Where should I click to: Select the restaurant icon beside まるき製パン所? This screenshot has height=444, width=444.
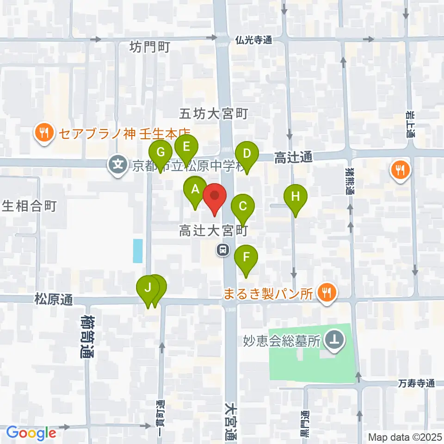[327, 293]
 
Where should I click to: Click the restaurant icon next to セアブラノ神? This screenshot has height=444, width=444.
[44, 134]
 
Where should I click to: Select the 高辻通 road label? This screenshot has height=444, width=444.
[293, 158]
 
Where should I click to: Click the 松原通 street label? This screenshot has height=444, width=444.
[54, 300]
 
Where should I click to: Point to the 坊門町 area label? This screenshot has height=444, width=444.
[150, 47]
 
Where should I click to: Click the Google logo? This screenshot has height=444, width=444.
[31, 433]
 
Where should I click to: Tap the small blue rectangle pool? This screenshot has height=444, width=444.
[138, 251]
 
